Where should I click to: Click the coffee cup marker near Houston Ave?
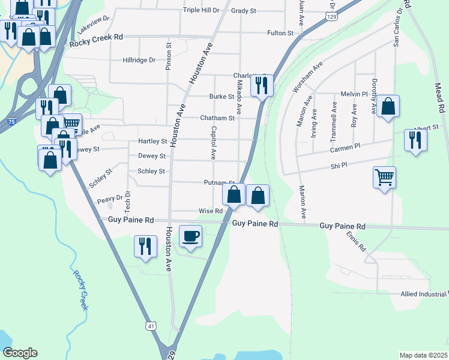[191, 236]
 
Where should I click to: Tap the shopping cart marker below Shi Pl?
[384, 178]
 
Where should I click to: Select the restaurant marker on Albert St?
[415, 140]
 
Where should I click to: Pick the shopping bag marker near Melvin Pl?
[388, 107]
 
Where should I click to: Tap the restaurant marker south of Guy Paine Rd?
[145, 246]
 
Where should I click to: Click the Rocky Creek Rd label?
[96, 37]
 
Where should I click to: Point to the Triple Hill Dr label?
[202, 10]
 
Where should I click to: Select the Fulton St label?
[281, 34]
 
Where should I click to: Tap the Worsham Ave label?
[308, 76]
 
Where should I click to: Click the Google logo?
[20, 353]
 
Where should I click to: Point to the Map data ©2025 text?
[424, 355]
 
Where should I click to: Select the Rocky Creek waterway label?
[80, 290]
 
